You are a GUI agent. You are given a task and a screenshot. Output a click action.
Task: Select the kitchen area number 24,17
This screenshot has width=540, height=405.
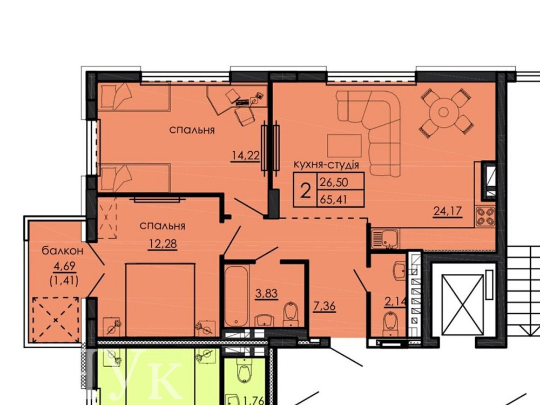tap(448, 211)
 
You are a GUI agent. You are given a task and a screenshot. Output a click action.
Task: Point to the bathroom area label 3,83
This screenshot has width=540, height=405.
tap(266, 294)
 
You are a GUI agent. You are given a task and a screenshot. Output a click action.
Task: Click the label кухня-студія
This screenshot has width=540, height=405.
tap(326, 164)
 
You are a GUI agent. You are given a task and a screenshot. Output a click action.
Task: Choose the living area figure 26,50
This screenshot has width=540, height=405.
tap(333, 180)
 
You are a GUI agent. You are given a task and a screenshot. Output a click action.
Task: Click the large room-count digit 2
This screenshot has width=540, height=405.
tap(306, 190)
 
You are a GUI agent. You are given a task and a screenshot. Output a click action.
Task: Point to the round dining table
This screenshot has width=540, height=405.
tap(443, 112)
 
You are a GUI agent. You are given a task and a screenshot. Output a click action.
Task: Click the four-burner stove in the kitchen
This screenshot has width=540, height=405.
tap(485, 216)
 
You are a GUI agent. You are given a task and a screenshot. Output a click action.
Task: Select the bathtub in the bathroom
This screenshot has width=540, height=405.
tap(236, 295)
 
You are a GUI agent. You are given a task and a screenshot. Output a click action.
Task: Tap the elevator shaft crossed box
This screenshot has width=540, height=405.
tap(462, 306)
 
